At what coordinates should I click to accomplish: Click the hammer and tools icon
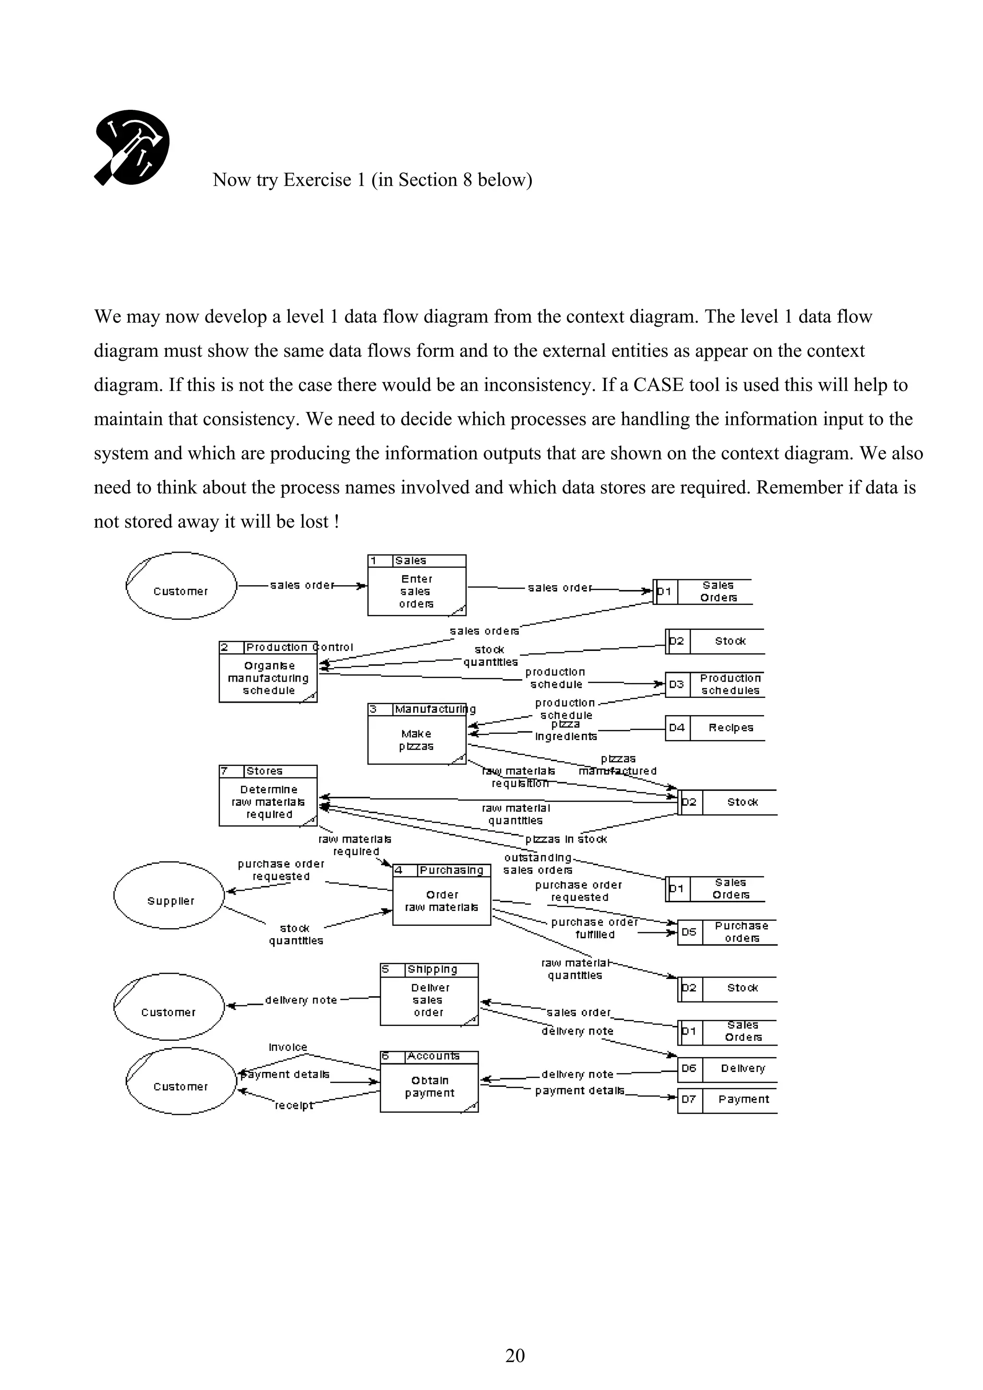click(132, 148)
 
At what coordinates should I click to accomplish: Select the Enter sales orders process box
click(417, 586)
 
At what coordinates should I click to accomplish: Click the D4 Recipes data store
click(715, 728)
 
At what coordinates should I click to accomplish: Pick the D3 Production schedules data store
click(715, 685)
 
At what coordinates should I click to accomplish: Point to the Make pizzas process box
click(417, 734)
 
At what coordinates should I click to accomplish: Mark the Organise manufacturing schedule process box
click(268, 672)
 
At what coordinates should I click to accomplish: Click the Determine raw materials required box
click(268, 796)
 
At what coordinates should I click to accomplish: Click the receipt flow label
click(294, 1106)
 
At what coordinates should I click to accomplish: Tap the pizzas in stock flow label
click(566, 839)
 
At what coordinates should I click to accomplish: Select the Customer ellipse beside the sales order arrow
click(180, 586)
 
